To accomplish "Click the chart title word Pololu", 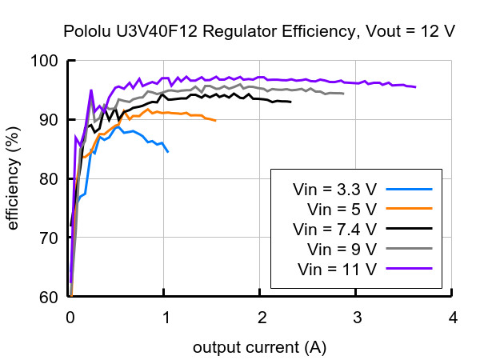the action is coord(86,31).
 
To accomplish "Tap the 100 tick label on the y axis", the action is coord(44,61).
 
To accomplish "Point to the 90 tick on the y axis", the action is coord(48,120).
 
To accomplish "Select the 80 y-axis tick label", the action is coord(48,178).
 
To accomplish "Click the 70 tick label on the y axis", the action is coord(48,238).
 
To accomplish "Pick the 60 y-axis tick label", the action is coord(48,297).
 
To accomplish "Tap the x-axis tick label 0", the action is coord(70,318).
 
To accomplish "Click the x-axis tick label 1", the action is coord(166,318).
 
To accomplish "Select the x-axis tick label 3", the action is coord(358,318).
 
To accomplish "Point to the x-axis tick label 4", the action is coord(453,318).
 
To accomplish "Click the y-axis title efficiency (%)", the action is coord(13,178).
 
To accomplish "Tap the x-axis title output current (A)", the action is coord(259,348).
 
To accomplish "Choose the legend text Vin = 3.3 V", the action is coord(334,190).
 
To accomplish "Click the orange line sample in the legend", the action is coord(409,209).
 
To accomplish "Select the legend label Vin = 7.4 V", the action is coord(334,230).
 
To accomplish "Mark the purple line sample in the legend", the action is coord(409,269).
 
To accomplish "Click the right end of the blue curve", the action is coord(168,152).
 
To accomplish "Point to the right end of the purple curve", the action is coord(415,87).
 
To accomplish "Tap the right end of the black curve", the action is coord(291,102).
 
